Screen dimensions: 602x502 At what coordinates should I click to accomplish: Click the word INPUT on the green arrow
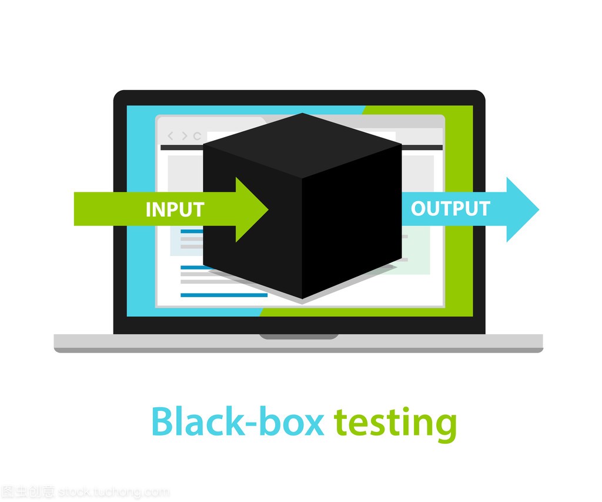point(175,210)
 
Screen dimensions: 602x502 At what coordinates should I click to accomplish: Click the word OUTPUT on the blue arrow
point(450,208)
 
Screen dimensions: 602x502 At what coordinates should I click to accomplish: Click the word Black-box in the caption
point(238,421)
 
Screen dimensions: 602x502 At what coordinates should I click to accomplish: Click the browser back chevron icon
point(171,136)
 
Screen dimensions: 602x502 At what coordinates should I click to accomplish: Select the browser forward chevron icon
point(185,136)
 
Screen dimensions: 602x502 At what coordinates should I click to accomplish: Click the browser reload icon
point(198,136)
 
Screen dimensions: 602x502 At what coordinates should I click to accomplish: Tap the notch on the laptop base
point(299,337)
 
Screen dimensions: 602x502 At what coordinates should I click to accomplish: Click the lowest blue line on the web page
point(224,295)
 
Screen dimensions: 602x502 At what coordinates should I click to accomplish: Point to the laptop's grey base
point(298,343)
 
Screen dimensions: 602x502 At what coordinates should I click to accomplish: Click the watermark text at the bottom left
point(85,491)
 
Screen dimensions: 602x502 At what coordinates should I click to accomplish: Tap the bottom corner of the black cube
point(302,298)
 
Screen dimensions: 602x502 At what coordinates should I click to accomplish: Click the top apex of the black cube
point(302,113)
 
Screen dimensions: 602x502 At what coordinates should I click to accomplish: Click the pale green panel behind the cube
point(416,250)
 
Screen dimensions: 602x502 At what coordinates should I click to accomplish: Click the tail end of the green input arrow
point(75,209)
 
